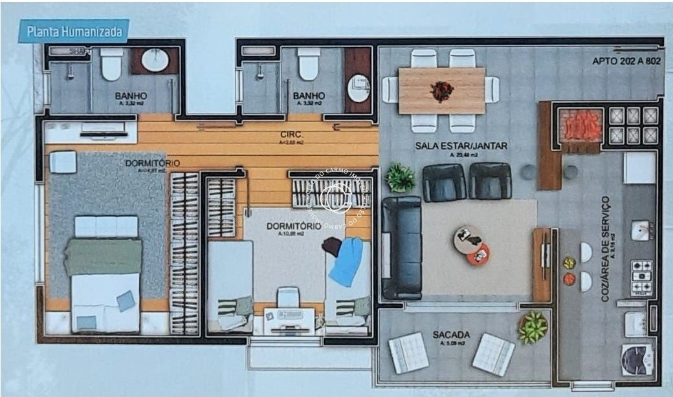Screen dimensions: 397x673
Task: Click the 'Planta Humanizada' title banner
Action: point(73,30)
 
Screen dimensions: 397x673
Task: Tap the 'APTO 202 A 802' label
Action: point(625,61)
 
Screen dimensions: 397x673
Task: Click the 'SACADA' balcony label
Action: point(452,335)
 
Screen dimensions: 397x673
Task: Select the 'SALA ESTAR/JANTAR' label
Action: point(461,146)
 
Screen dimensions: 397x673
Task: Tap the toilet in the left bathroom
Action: point(111,64)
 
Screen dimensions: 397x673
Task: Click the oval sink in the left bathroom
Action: point(155,61)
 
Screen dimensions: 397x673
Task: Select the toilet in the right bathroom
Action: point(309,64)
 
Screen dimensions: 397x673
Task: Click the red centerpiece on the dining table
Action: point(442,91)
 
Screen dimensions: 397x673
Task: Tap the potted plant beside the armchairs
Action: point(400,178)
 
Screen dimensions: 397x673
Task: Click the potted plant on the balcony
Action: point(533,327)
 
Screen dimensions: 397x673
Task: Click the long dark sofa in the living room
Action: point(401,248)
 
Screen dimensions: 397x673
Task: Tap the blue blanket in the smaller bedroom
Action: point(348,261)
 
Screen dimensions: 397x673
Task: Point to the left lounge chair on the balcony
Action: point(408,352)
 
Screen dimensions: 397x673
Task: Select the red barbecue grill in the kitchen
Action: point(580,125)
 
